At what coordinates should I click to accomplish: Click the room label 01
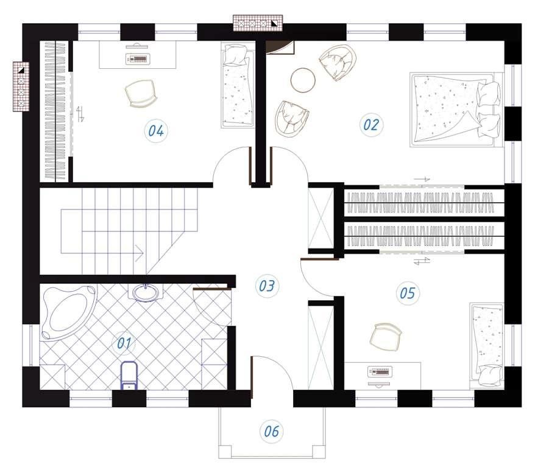124,343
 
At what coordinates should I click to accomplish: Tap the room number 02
372,125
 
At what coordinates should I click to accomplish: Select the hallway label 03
267,286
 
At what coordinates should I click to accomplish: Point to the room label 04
156,131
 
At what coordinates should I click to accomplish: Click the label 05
408,293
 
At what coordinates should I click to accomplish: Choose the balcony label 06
271,431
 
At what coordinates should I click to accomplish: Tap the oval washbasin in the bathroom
146,292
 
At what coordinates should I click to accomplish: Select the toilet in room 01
129,376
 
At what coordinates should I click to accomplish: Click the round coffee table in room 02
303,80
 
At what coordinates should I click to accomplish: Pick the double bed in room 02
457,110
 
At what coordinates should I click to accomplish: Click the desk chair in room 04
141,93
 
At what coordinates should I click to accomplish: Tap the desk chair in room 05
386,337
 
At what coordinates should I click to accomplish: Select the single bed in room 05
487,346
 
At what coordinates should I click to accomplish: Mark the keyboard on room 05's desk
380,371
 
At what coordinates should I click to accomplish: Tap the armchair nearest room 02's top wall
338,62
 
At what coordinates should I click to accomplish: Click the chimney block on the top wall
258,23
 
